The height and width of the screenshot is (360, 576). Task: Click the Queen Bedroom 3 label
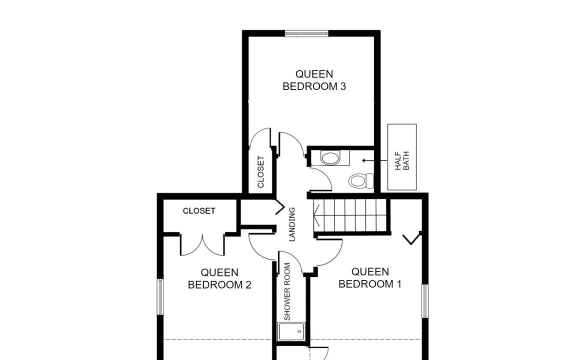click(314, 80)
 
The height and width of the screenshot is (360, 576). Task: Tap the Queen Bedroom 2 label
click(219, 278)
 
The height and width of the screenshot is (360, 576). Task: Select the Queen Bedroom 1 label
click(370, 277)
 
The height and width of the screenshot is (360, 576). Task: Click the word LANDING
click(292, 224)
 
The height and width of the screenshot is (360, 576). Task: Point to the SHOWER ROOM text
click(287, 291)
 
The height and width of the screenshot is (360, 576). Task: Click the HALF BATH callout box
click(402, 157)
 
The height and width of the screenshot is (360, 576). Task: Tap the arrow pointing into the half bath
click(374, 160)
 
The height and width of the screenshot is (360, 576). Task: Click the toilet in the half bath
click(361, 180)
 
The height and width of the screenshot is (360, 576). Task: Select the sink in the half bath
click(330, 158)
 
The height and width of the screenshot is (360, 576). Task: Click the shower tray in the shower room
click(291, 331)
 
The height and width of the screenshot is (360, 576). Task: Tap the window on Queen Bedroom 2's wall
click(160, 297)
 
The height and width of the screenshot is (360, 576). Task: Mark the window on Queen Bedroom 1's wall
click(424, 301)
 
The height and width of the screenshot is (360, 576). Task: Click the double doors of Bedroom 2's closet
click(202, 245)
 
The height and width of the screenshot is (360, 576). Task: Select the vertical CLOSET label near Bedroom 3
click(261, 172)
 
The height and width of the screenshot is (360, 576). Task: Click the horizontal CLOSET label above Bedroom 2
click(199, 211)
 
